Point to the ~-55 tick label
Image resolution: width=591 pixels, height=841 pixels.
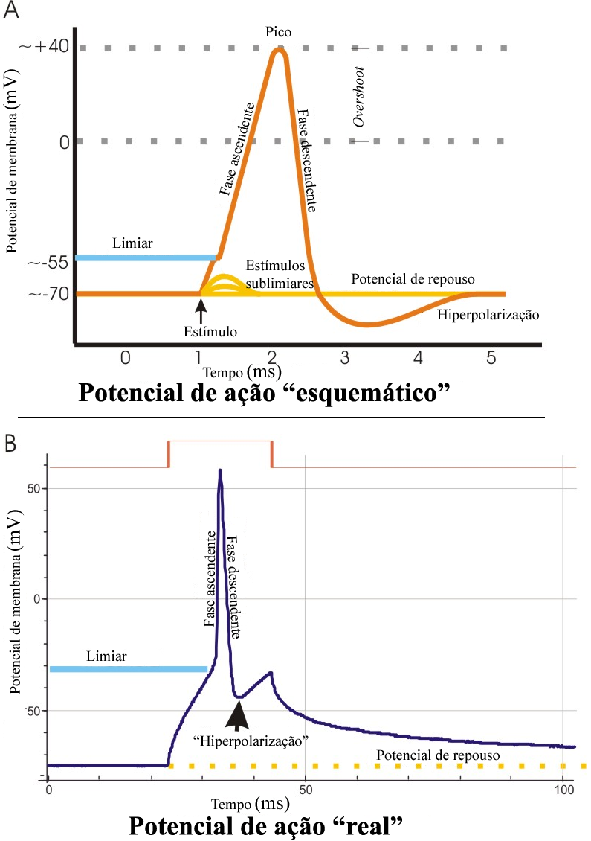47,262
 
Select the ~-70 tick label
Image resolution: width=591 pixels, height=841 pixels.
47,295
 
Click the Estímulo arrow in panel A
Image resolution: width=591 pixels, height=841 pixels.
201,308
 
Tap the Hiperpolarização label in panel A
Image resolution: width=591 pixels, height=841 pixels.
488,316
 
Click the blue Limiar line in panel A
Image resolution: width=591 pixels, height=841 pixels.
146,258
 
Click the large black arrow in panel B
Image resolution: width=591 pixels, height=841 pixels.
239,712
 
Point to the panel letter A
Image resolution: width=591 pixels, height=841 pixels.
10,12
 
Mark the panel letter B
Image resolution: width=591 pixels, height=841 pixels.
10,444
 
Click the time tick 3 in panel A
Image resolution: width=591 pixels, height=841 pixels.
345,358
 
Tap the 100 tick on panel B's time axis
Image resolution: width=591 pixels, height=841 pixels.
563,787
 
